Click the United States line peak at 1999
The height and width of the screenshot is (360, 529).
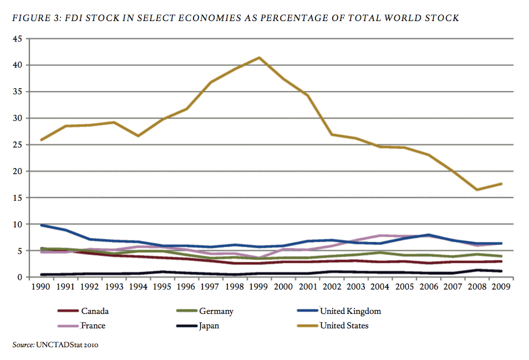pos(260,58)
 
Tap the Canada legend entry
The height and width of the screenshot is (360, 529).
pos(94,311)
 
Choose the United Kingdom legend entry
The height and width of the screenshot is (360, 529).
pos(350,311)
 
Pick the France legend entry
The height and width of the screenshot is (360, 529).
pos(93,326)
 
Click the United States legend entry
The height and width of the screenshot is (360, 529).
pos(344,326)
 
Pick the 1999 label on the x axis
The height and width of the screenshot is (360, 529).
pos(260,287)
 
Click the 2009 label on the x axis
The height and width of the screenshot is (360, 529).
pos(501,287)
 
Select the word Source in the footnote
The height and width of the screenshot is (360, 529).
pos(23,345)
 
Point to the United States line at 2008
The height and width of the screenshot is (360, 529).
pos(477,190)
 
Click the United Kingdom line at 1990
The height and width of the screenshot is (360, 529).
pos(42,225)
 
